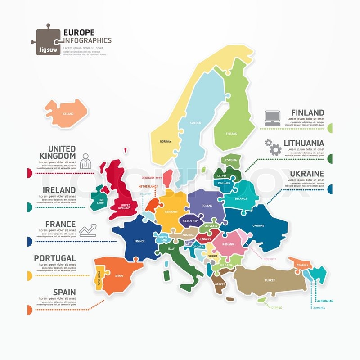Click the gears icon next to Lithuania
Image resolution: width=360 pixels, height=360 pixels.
pyautogui.click(x=273, y=147)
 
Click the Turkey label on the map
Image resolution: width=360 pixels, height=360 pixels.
pyautogui.click(x=270, y=280)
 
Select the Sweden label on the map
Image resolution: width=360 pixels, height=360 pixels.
pyautogui.click(x=195, y=122)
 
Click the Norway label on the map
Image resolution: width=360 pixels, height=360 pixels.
pyautogui.click(x=166, y=142)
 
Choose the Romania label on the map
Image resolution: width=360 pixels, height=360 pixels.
pyautogui.click(x=228, y=244)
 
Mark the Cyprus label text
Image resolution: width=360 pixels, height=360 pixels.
pyautogui.click(x=276, y=308)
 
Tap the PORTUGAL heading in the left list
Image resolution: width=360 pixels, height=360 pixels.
pyautogui.click(x=54, y=258)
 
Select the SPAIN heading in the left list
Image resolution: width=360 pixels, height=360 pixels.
pyautogui.click(x=64, y=292)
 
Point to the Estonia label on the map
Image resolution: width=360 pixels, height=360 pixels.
pyautogui.click(x=231, y=160)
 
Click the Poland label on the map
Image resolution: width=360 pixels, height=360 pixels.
pyautogui.click(x=207, y=206)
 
